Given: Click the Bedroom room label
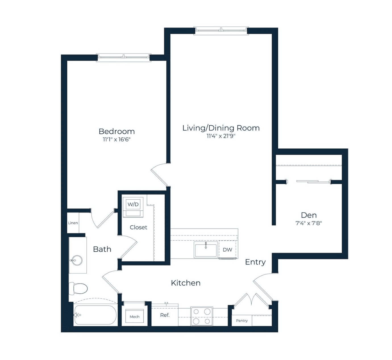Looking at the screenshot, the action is [x=117, y=131].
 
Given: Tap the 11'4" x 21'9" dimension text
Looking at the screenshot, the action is [x=221, y=136].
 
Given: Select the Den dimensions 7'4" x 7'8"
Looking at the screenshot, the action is [x=309, y=223].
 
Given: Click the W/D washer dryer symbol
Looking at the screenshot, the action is [x=133, y=207].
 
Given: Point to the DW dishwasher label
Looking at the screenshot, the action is [x=228, y=250].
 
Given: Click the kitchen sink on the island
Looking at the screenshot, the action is [x=206, y=250].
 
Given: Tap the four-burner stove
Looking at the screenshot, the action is [x=202, y=316].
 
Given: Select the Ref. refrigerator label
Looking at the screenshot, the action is [x=165, y=315].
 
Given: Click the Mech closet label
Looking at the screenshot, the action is [x=135, y=316].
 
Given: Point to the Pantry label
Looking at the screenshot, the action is [x=242, y=320].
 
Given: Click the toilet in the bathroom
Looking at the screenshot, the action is [x=78, y=288].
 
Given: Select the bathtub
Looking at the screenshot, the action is [x=95, y=315].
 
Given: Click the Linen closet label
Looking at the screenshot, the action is [x=73, y=223].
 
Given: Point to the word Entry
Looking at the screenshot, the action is [x=255, y=262].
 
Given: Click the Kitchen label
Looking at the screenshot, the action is [x=186, y=283].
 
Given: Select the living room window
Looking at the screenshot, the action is [x=221, y=31].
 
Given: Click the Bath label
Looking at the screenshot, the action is [x=102, y=249].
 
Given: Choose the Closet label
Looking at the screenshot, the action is [x=138, y=227].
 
